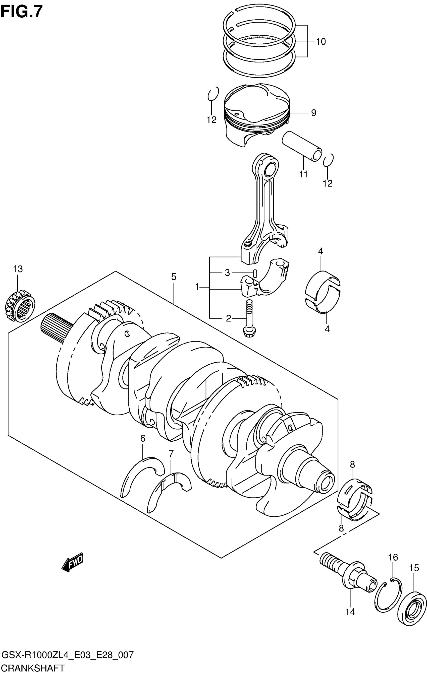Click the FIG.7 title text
click(x=22, y=12)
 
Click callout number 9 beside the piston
click(x=313, y=113)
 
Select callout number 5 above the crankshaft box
click(x=174, y=277)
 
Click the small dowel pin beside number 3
click(x=255, y=273)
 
